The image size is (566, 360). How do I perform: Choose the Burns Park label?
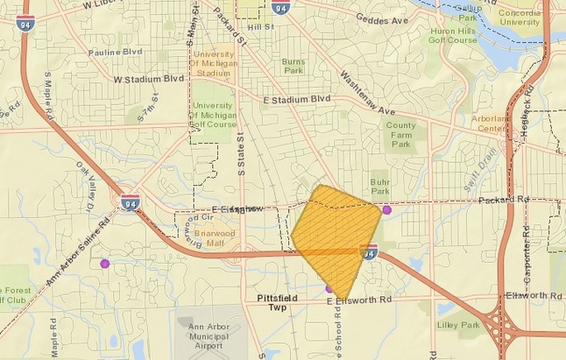coord(293,67)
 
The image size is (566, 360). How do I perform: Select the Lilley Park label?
coord(457,325)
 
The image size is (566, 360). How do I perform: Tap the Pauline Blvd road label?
coord(117,52)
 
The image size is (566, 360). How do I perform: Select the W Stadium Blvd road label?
coord(149,78)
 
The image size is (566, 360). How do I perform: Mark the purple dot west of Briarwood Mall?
coord(105,263)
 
